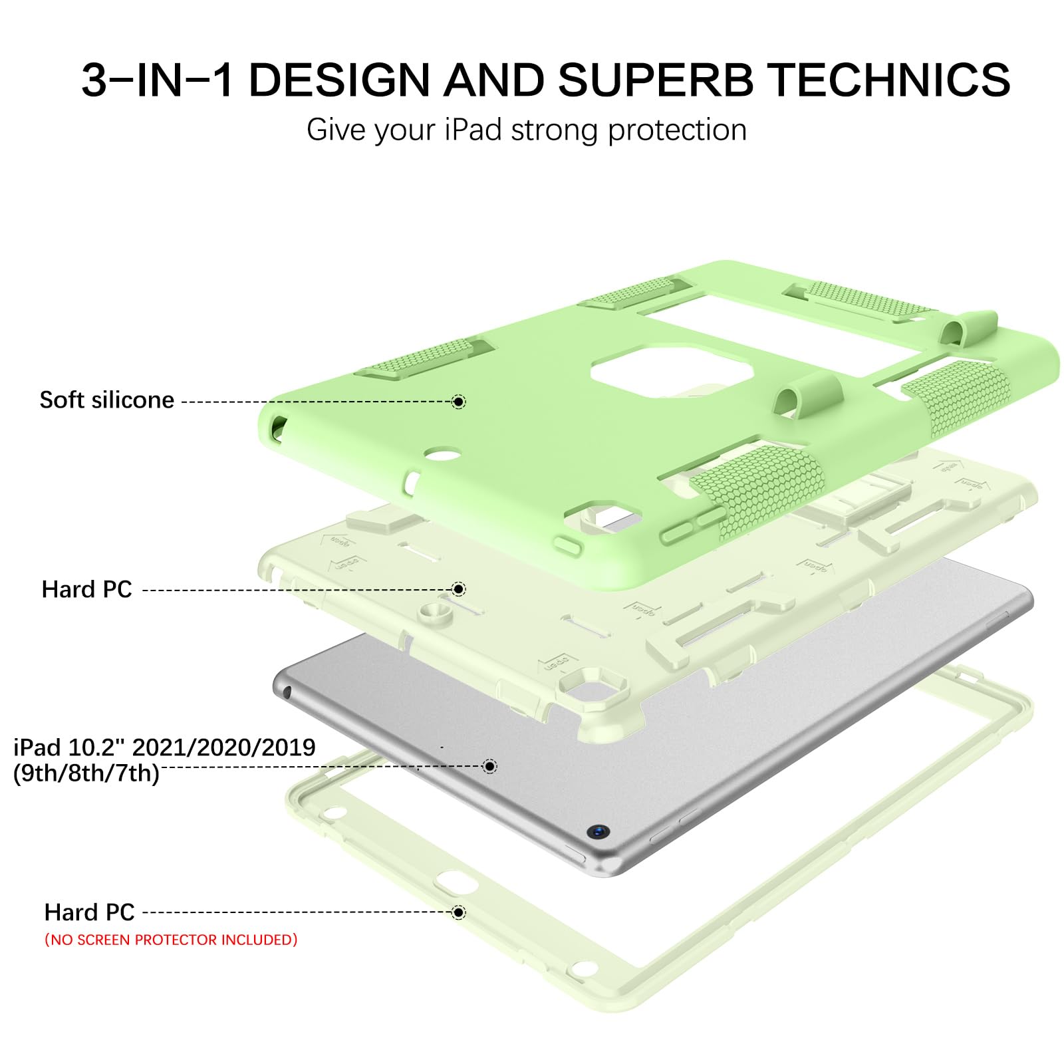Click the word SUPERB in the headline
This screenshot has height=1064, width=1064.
(x=655, y=80)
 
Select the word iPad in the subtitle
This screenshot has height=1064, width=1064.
(x=473, y=129)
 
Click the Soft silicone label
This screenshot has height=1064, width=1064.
(x=106, y=400)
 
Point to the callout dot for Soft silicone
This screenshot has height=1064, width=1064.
(x=458, y=402)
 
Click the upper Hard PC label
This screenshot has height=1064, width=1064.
(x=86, y=589)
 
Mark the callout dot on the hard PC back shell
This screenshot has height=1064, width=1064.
(x=458, y=589)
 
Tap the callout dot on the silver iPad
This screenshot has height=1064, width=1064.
(x=489, y=766)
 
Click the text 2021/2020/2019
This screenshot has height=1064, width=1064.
(x=223, y=747)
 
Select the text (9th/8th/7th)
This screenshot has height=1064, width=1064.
(x=86, y=773)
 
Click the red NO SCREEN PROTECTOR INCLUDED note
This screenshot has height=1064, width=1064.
(x=171, y=940)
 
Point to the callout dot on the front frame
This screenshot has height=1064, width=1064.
(x=458, y=912)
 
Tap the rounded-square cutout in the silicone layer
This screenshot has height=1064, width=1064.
(x=672, y=371)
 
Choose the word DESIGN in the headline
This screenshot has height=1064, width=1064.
(x=339, y=80)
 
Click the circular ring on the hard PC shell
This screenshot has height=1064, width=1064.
(x=436, y=613)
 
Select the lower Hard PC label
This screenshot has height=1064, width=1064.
(x=89, y=912)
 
